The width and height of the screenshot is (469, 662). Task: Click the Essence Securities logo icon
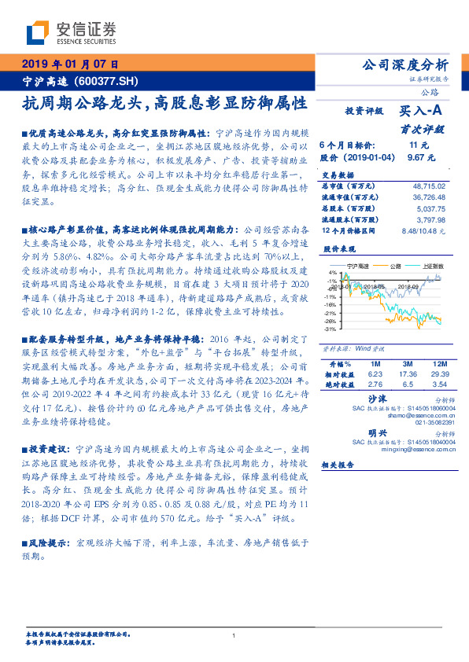point(38,34)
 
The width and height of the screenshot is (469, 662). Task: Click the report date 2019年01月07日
point(69,64)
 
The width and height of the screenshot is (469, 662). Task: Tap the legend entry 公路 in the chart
point(395,267)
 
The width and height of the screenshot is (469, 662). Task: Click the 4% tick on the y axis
point(334,273)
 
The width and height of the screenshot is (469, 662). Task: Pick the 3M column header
point(407,365)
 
